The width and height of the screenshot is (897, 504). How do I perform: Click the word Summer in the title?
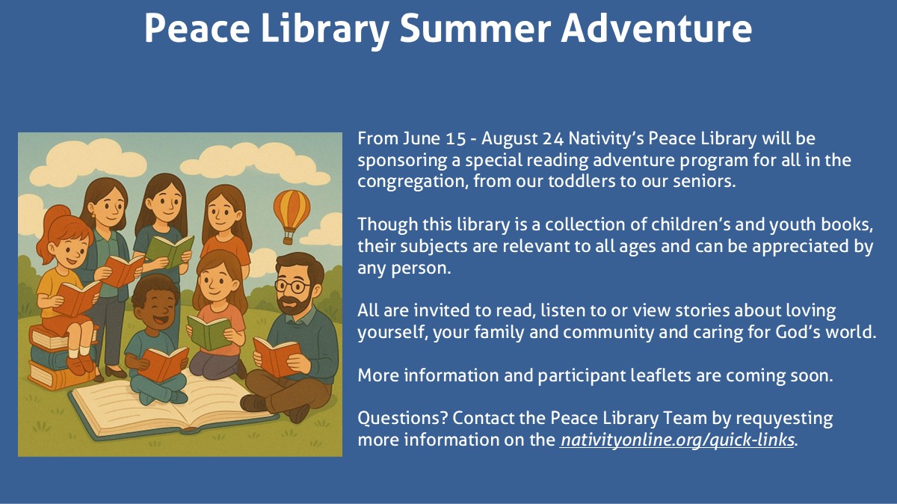(x=475, y=28)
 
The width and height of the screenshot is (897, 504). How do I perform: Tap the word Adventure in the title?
(x=656, y=28)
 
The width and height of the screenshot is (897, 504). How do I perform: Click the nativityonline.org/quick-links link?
(x=676, y=440)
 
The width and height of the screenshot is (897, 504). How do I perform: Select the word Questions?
(x=402, y=418)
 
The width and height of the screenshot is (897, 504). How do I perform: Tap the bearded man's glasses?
(x=293, y=286)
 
